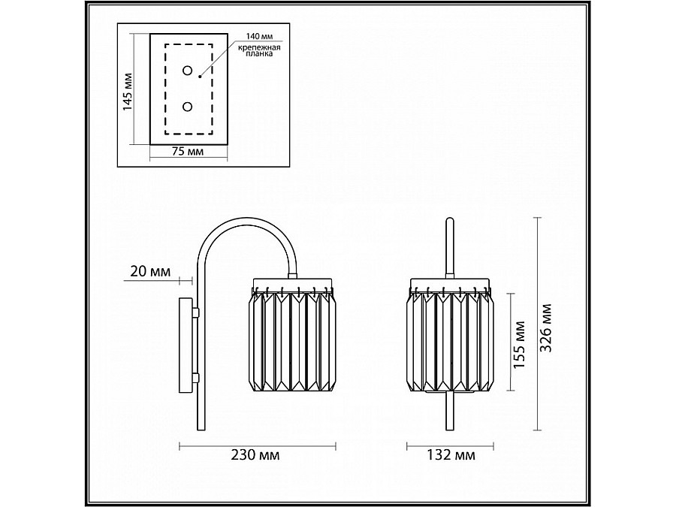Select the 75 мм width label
coord(188,152)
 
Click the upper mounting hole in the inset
coord(187,71)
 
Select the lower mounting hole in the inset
coord(187,107)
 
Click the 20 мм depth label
coord(149,271)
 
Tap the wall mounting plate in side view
coord(184,345)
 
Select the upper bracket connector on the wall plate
coord(195,311)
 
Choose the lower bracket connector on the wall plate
coord(195,378)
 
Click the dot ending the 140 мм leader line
coord(200,75)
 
